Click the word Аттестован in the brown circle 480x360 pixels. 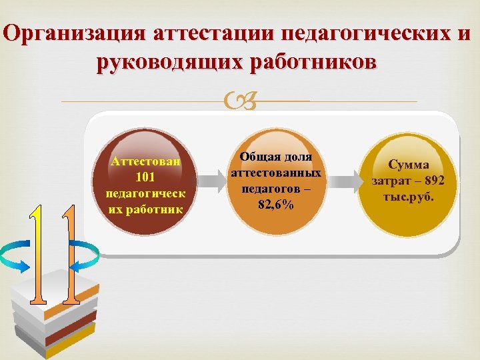145,162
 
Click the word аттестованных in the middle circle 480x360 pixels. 275,173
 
